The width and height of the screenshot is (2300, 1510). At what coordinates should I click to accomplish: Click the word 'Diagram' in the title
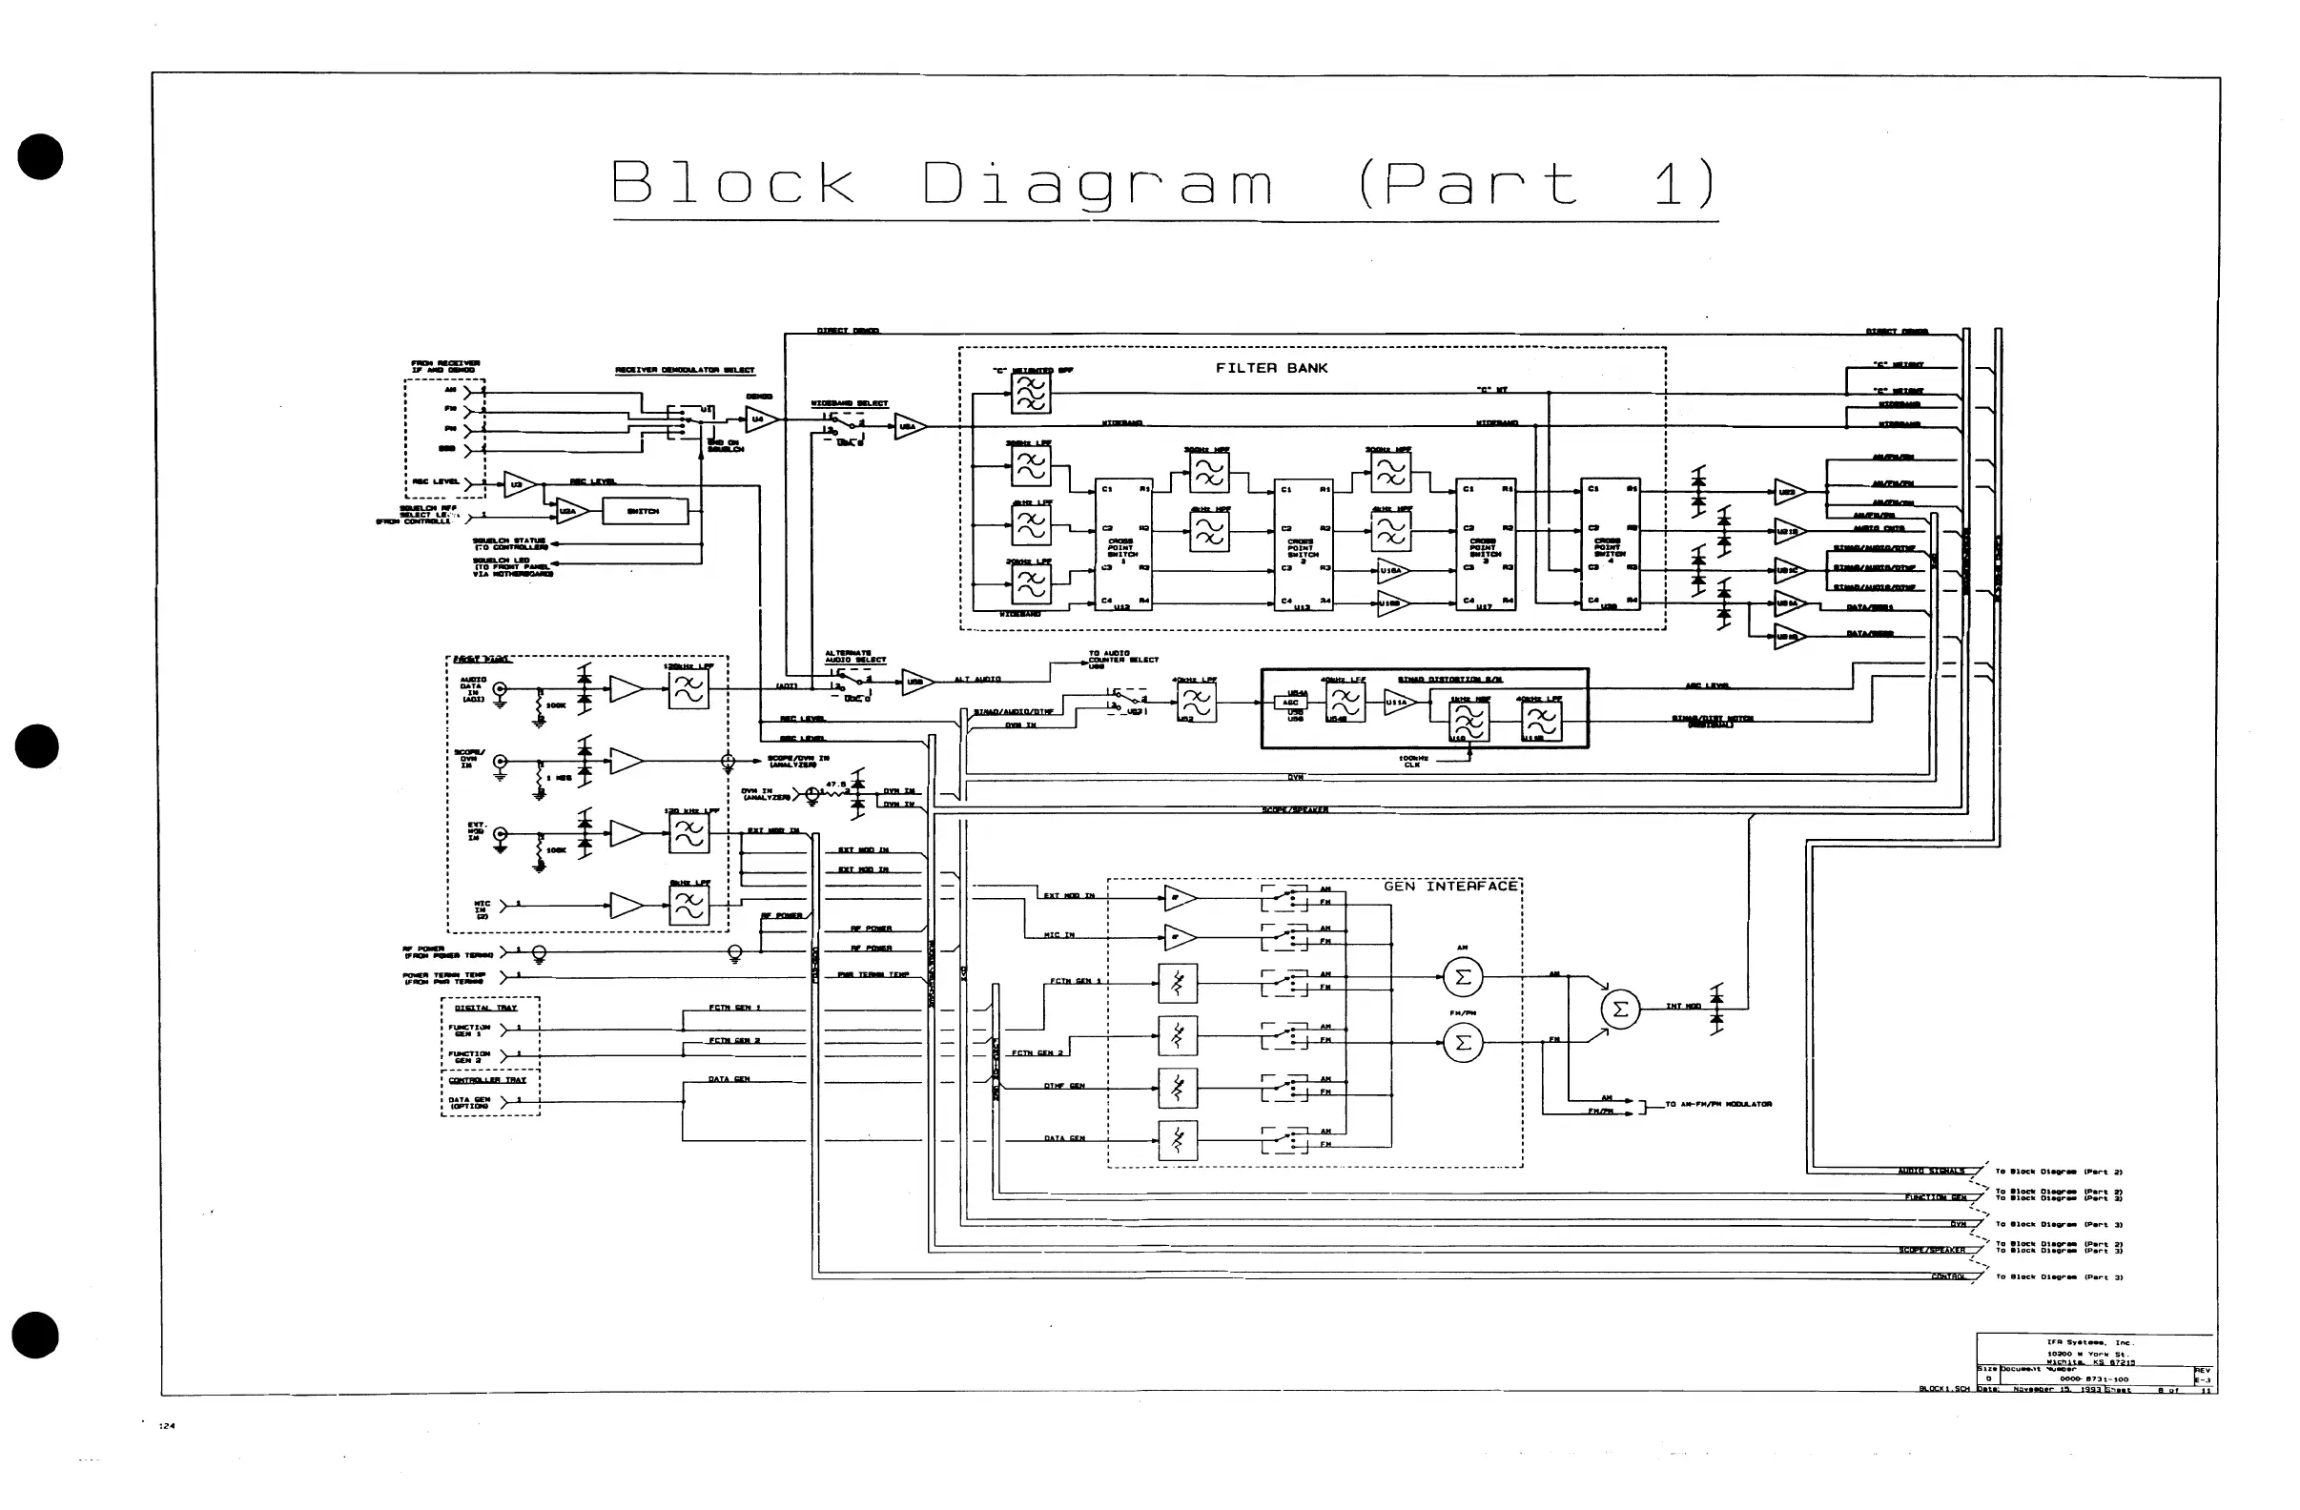pyautogui.click(x=1096, y=183)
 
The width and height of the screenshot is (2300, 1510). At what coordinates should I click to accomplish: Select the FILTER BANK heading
pyautogui.click(x=1271, y=368)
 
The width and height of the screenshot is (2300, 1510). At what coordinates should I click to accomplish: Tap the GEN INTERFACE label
pyautogui.click(x=1449, y=886)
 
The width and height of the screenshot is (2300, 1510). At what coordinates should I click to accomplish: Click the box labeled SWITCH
pyautogui.click(x=645, y=511)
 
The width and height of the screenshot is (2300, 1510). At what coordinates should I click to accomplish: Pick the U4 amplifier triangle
pyautogui.click(x=762, y=419)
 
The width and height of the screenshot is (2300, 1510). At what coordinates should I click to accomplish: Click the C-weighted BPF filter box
pyautogui.click(x=1030, y=393)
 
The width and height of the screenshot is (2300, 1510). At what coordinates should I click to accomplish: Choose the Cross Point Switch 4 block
pyautogui.click(x=1609, y=545)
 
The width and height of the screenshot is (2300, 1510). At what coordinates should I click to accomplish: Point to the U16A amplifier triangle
pyautogui.click(x=1391, y=571)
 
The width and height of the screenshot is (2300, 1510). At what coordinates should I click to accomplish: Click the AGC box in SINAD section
pyautogui.click(x=1291, y=703)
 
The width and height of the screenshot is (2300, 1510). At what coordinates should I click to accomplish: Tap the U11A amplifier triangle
pyautogui.click(x=1397, y=704)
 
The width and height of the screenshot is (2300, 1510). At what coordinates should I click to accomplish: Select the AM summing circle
pyautogui.click(x=1462, y=977)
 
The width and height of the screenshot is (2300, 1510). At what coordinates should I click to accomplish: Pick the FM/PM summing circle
pyautogui.click(x=1462, y=1041)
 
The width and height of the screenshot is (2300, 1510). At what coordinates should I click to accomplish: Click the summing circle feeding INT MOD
pyautogui.click(x=1621, y=1010)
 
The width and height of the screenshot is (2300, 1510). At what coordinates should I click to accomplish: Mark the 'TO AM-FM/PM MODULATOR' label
pyautogui.click(x=1718, y=1104)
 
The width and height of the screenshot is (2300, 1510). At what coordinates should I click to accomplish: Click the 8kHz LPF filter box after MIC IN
pyautogui.click(x=688, y=906)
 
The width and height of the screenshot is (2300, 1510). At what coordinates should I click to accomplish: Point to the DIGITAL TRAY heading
pyautogui.click(x=485, y=1008)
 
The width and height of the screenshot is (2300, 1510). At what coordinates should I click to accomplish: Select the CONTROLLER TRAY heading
pyautogui.click(x=487, y=1080)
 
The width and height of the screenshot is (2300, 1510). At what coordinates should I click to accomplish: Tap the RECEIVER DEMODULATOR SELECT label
pyautogui.click(x=685, y=370)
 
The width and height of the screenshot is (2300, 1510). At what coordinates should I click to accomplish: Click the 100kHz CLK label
pyautogui.click(x=1412, y=762)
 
